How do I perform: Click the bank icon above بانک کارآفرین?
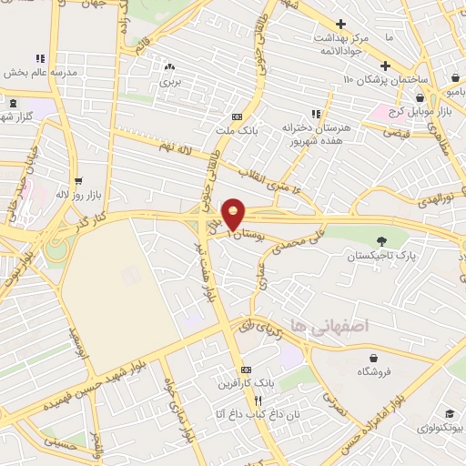[245, 370]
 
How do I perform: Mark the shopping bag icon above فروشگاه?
[370, 358]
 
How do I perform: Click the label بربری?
[170, 81]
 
